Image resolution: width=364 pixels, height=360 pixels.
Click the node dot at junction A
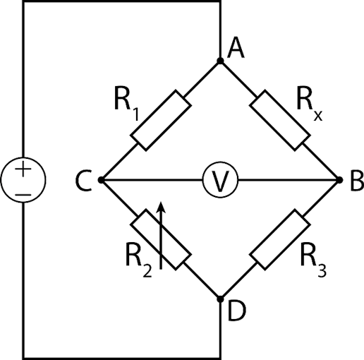pyautogui.click(x=220, y=61)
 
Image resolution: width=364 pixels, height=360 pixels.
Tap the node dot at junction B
pyautogui.click(x=339, y=180)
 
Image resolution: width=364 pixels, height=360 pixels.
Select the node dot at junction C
pyautogui.click(x=101, y=180)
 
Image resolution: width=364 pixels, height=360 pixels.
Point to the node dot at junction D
pyautogui.click(x=220, y=299)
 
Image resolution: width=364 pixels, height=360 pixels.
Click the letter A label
pyautogui.click(x=236, y=48)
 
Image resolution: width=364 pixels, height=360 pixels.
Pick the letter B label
pyautogui.click(x=357, y=181)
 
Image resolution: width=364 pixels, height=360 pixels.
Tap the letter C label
pyautogui.click(x=83, y=181)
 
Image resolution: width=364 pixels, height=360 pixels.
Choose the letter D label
pyautogui.click(x=237, y=311)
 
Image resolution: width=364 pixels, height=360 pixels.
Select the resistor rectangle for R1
pyautogui.click(x=161, y=120)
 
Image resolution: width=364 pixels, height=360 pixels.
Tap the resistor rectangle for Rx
pyautogui.click(x=280, y=120)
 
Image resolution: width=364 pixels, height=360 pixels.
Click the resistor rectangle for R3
pyautogui.click(x=280, y=240)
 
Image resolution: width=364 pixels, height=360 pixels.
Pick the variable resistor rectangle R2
pyautogui.click(x=161, y=240)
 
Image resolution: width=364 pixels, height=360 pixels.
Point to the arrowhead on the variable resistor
pyautogui.click(x=161, y=207)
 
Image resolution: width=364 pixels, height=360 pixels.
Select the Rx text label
pyautogui.click(x=310, y=104)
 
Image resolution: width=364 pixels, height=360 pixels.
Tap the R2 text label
pyautogui.click(x=139, y=260)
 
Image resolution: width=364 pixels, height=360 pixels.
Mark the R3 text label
pyautogui.click(x=313, y=260)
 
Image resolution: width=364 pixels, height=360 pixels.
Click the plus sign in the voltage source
pyautogui.click(x=23, y=169)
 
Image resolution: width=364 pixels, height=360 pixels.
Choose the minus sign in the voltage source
pyautogui.click(x=23, y=195)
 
